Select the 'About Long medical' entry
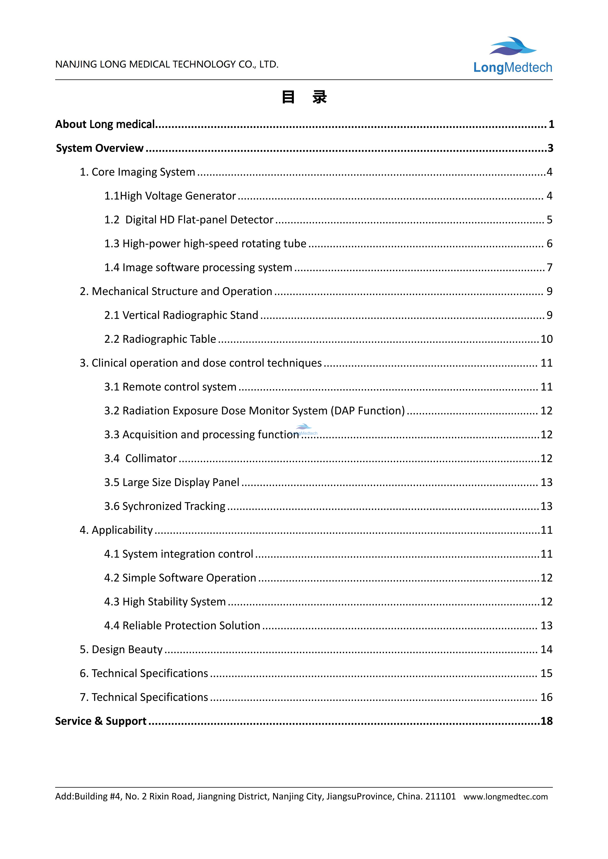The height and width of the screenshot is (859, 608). point(105,124)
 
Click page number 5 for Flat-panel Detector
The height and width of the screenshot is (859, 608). point(549,220)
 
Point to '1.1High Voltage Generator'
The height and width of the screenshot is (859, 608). point(170,196)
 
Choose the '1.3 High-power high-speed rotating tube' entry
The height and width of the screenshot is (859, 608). point(205,244)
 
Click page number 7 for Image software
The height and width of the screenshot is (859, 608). point(549,267)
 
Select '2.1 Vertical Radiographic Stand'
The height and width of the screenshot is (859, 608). point(181,315)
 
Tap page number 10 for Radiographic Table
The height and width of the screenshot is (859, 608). point(546,339)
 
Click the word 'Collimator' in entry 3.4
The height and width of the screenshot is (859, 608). point(151,458)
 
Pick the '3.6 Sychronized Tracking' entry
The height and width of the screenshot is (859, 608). point(165,506)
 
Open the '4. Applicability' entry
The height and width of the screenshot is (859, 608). point(116,530)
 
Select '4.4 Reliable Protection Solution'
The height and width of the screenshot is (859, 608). point(182,626)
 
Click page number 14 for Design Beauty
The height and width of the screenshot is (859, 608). point(546,650)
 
